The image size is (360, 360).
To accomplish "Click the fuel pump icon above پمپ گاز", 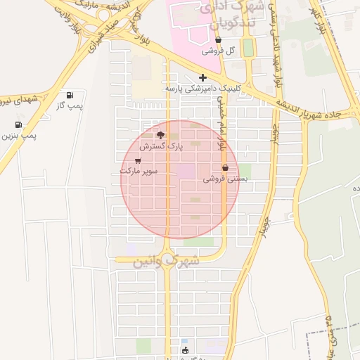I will pyautogui.click(x=69, y=95).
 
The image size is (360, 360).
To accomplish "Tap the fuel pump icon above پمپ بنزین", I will pyautogui.click(x=18, y=124).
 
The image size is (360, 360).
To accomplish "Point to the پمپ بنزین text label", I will pyautogui.click(x=19, y=135).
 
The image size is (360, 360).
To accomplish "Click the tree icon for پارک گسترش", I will pyautogui.click(x=160, y=134).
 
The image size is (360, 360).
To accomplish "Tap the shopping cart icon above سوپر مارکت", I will pyautogui.click(x=137, y=160).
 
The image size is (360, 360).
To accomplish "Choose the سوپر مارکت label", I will pyautogui.click(x=139, y=171).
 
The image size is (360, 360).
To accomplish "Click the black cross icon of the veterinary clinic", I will pyautogui.click(x=202, y=77).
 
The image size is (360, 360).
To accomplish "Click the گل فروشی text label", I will pyautogui.click(x=219, y=51).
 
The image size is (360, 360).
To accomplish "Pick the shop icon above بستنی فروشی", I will pyautogui.click(x=225, y=168).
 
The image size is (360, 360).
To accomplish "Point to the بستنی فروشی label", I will pyautogui.click(x=226, y=179).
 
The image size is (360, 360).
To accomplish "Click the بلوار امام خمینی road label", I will pyautogui.click(x=220, y=124).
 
